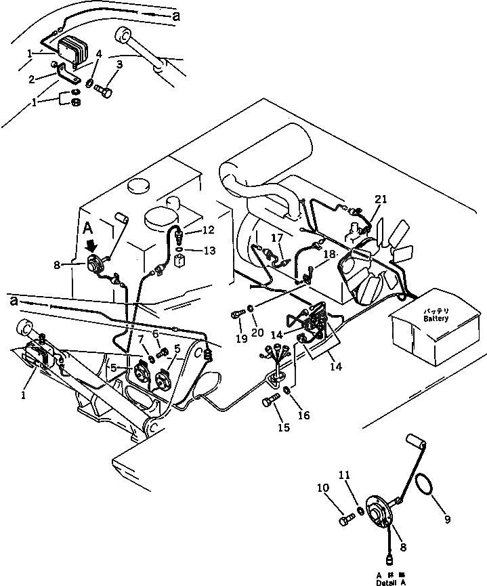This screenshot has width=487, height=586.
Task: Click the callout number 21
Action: [x=381, y=198]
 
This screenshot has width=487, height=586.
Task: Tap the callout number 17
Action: [x=278, y=237]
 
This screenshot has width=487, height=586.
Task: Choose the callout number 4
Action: [x=98, y=54]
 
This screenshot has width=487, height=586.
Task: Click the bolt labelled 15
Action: [x=270, y=402]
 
